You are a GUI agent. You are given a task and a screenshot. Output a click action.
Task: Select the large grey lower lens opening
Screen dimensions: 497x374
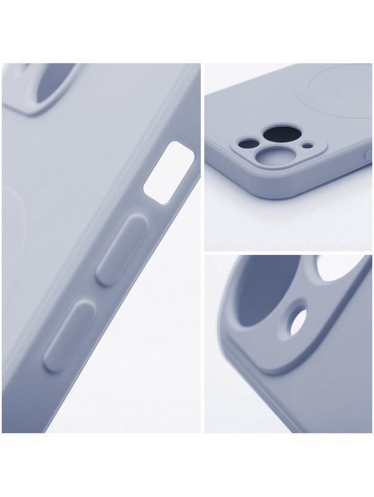[x=268, y=159]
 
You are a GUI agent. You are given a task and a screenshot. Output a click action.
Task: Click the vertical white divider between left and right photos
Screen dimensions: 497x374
[x=202, y=246]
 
